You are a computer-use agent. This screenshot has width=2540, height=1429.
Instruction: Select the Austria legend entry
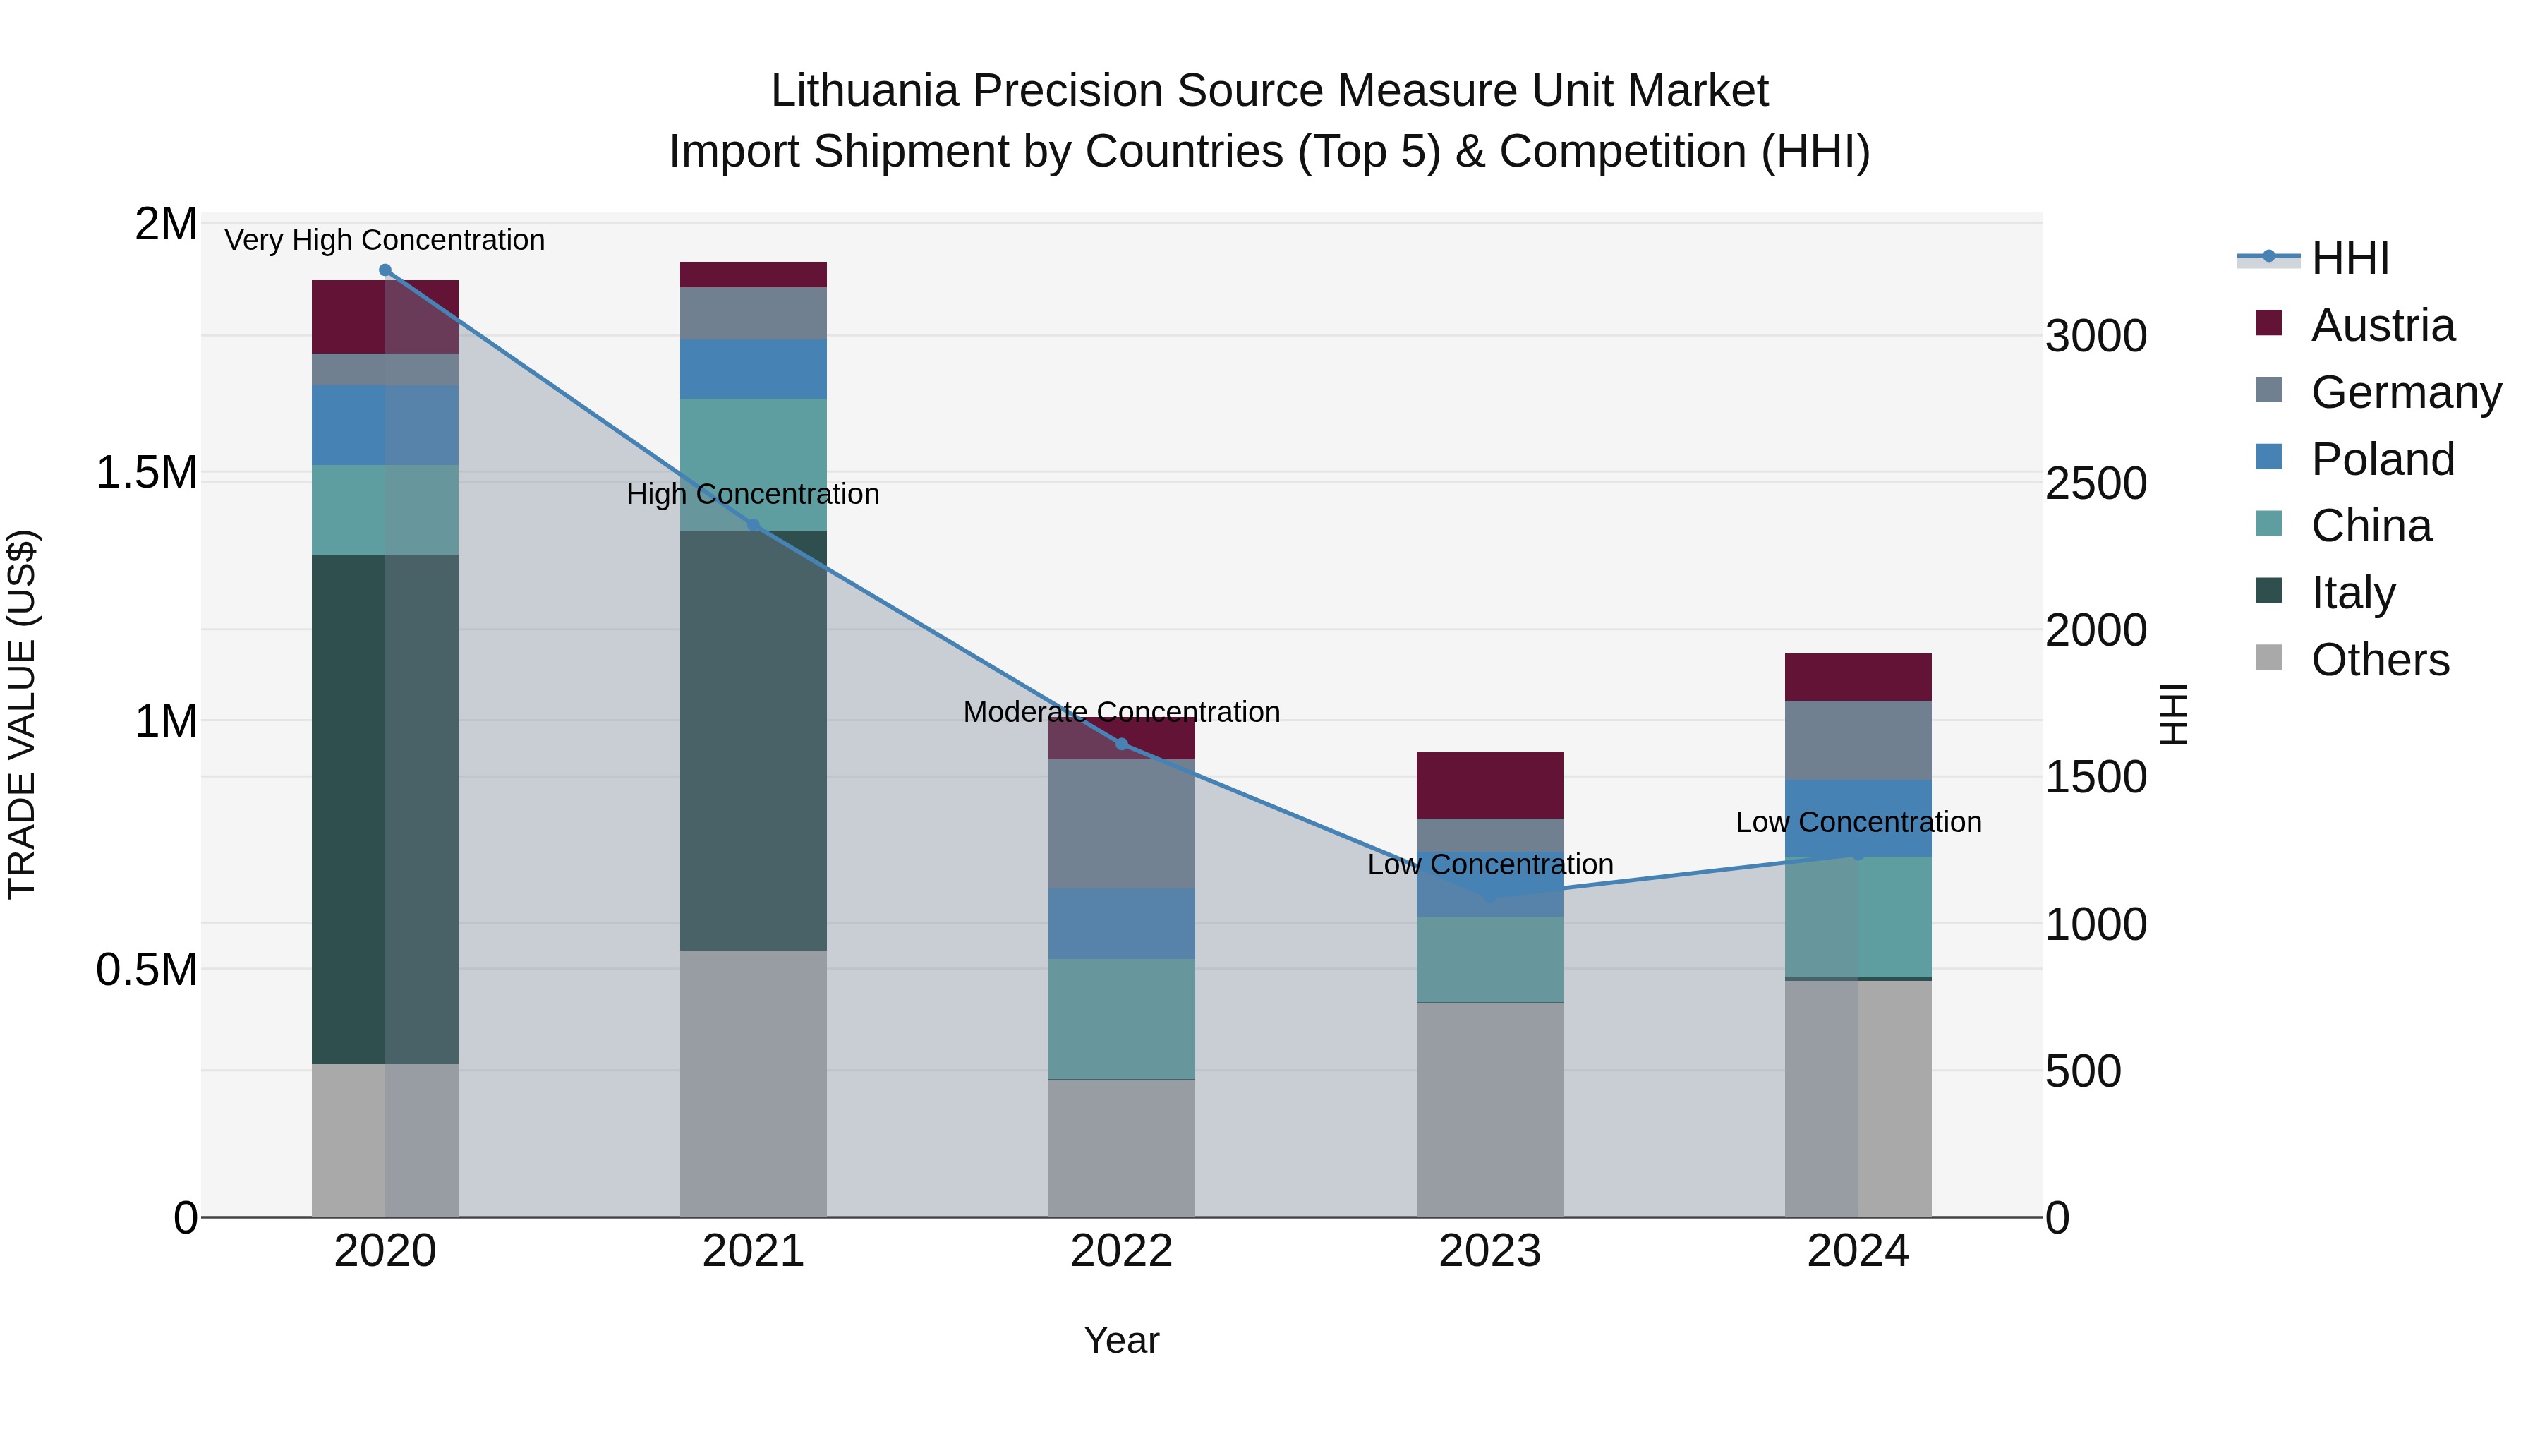pos(2381,325)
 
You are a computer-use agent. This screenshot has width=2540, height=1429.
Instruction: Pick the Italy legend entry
pos(2352,593)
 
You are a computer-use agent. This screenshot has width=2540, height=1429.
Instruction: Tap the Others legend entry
pos(2379,660)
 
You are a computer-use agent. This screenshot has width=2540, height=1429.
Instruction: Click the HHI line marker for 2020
pos(385,270)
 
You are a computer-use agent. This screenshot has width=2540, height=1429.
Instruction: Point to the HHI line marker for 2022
pos(1121,744)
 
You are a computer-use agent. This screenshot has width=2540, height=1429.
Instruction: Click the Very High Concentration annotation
pos(385,240)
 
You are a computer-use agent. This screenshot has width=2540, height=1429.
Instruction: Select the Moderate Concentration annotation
pos(1121,712)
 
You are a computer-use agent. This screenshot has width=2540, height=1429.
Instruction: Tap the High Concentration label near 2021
pos(752,494)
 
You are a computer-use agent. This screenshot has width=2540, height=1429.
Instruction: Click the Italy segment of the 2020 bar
pos(385,809)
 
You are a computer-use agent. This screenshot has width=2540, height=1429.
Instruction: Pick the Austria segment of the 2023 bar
pos(1489,785)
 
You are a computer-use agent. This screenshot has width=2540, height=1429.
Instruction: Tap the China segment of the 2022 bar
pos(1121,1019)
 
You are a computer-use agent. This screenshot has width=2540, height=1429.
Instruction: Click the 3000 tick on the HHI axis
pos(2095,337)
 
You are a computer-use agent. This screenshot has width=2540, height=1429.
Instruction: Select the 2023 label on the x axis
pos(1489,1251)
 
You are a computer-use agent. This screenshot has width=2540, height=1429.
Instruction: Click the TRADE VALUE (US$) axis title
pos(22,714)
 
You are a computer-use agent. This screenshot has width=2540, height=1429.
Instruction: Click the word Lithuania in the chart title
pos(864,91)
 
